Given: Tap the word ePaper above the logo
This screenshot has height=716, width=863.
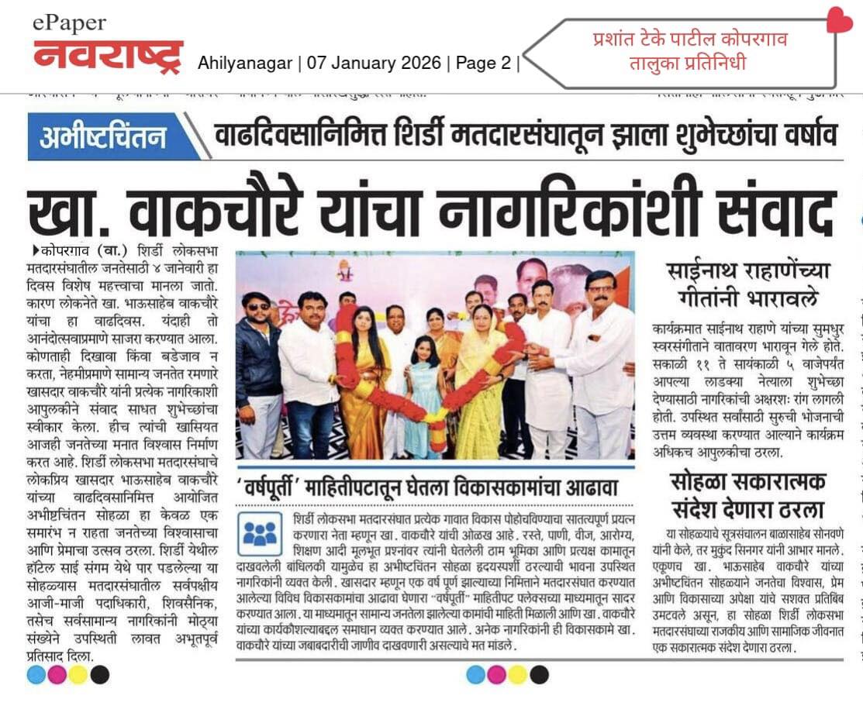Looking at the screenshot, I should [x=70, y=23].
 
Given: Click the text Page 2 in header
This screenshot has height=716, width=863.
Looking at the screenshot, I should [x=483, y=64].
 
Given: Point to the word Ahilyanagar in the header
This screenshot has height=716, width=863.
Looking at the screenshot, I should [x=245, y=64].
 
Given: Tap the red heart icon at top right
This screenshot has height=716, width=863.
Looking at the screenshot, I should [x=839, y=20].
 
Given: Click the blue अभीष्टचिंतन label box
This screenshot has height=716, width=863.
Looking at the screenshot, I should [x=104, y=136].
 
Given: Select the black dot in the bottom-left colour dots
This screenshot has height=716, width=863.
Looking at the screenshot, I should [x=100, y=675].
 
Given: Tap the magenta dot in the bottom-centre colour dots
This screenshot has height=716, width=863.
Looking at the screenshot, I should [x=496, y=675].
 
